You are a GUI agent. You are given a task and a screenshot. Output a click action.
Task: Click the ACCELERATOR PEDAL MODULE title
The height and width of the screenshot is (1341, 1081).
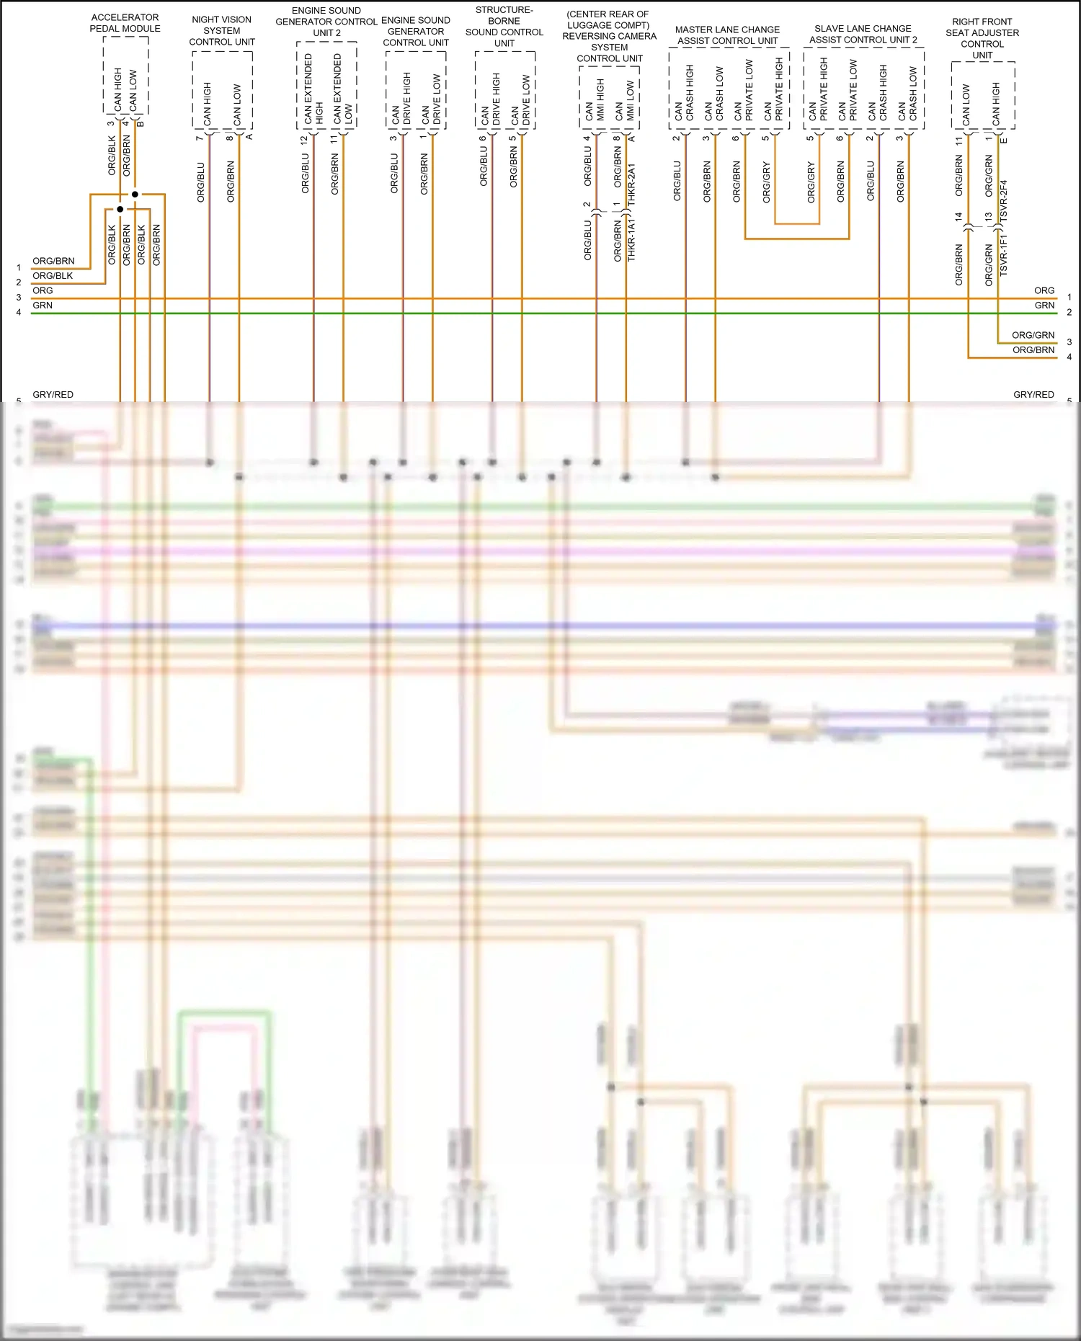pos(125,23)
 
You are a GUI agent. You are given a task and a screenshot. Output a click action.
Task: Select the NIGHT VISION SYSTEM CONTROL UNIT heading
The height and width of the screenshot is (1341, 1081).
pos(222,31)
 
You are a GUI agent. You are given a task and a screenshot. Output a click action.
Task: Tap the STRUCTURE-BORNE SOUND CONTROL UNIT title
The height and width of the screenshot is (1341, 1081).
pos(504,27)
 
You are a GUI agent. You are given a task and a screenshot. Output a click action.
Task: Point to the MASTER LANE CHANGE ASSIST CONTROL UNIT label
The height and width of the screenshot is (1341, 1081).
pos(727,35)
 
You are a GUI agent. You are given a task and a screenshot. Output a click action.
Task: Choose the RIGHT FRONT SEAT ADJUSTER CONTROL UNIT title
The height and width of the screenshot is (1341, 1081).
pos(982,38)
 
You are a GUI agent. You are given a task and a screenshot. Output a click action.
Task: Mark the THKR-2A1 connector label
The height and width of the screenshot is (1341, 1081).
pos(632,186)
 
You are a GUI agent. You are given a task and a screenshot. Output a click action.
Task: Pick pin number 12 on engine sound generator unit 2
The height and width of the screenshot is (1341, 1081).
pos(305,140)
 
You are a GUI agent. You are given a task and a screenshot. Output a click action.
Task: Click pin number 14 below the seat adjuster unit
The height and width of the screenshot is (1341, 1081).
pos(958,216)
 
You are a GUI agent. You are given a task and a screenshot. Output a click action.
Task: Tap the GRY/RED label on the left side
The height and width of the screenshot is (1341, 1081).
pos(53,395)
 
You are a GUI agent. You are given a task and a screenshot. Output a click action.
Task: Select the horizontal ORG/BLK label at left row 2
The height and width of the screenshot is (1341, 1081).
pos(53,276)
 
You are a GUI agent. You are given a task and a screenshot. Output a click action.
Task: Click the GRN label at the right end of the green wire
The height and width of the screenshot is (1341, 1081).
pos(1044,306)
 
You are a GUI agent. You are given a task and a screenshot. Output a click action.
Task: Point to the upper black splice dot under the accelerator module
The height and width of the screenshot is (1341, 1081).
pos(135,195)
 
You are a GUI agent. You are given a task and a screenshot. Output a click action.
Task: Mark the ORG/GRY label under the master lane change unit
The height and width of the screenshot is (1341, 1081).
pos(767,182)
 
